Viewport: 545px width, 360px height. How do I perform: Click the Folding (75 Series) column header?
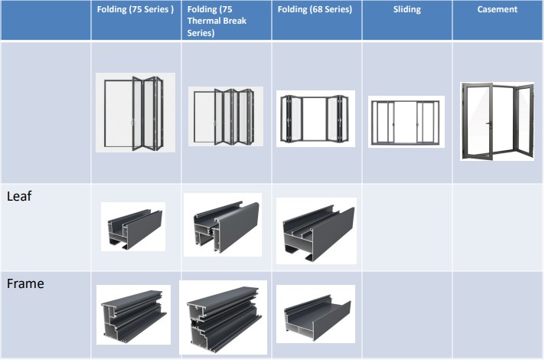[135, 9]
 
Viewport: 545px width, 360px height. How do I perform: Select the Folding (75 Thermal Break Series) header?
[217, 21]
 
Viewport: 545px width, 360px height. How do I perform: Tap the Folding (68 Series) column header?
[315, 9]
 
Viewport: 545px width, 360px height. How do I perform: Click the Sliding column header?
[407, 9]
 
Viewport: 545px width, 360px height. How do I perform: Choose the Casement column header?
[498, 9]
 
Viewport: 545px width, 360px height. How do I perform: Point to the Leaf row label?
[19, 196]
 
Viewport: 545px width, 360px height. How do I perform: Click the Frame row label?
[25, 283]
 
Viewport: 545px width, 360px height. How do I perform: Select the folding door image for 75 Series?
[135, 113]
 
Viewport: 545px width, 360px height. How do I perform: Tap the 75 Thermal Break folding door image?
[226, 116]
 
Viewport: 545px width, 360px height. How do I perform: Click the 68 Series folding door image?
[315, 119]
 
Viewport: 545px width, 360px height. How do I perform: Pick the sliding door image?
[406, 122]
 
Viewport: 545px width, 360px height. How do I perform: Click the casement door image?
[497, 121]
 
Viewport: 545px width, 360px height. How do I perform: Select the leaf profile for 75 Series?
[133, 227]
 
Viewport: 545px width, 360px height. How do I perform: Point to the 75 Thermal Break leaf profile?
[223, 225]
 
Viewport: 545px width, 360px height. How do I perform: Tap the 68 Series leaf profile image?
[316, 231]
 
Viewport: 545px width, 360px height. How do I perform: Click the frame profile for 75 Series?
[133, 315]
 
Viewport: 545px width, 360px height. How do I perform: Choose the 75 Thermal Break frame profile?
[224, 318]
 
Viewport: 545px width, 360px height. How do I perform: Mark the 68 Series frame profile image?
[315, 314]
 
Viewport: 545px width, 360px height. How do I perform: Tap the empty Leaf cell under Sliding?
[407, 227]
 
